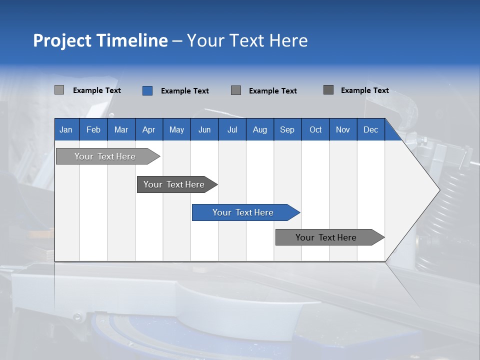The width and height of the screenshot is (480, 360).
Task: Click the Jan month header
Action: (66, 129)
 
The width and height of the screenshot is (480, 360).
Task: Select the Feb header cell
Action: (93, 129)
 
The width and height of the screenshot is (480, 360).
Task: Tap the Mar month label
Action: (121, 129)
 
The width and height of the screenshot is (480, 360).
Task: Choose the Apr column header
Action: (149, 129)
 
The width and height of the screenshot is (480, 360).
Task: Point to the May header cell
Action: (176, 129)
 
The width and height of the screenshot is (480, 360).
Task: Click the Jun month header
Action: (204, 129)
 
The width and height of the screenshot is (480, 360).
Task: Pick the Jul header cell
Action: (232, 129)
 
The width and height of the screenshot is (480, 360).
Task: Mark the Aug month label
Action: (260, 129)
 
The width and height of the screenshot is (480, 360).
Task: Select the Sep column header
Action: (287, 129)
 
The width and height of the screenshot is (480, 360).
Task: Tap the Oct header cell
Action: (315, 129)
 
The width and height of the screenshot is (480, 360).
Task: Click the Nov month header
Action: (343, 129)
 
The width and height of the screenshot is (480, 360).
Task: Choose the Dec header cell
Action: (371, 129)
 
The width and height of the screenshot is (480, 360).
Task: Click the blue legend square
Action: (147, 90)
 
